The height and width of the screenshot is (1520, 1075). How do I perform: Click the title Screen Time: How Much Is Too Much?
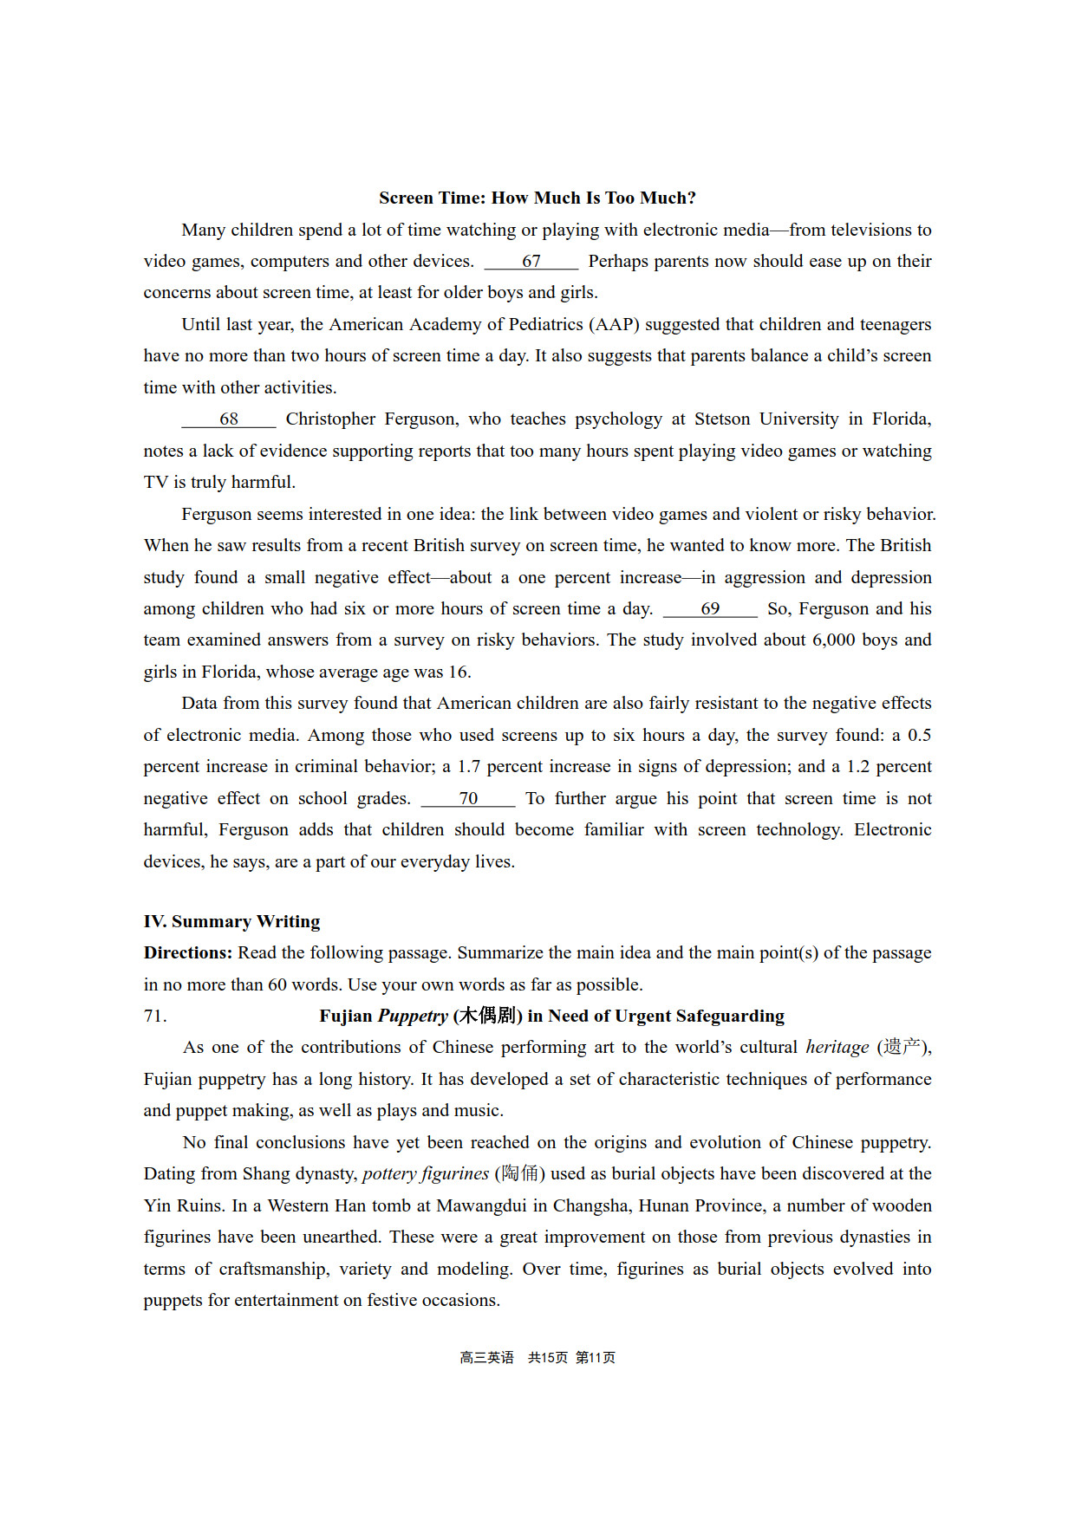(x=537, y=198)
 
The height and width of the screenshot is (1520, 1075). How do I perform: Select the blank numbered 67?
(x=531, y=262)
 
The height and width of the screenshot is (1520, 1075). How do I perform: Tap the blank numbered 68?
(x=229, y=419)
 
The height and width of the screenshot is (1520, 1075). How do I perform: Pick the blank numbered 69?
(x=710, y=609)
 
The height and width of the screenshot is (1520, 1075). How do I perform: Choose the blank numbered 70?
(x=468, y=799)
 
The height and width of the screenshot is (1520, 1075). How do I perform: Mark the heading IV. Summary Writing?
(x=231, y=921)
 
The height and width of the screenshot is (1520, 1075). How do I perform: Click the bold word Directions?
(x=188, y=953)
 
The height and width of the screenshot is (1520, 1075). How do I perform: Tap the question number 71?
(x=155, y=1017)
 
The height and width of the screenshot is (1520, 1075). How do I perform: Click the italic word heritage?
(x=837, y=1048)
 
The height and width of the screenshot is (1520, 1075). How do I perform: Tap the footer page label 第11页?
(x=596, y=1358)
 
